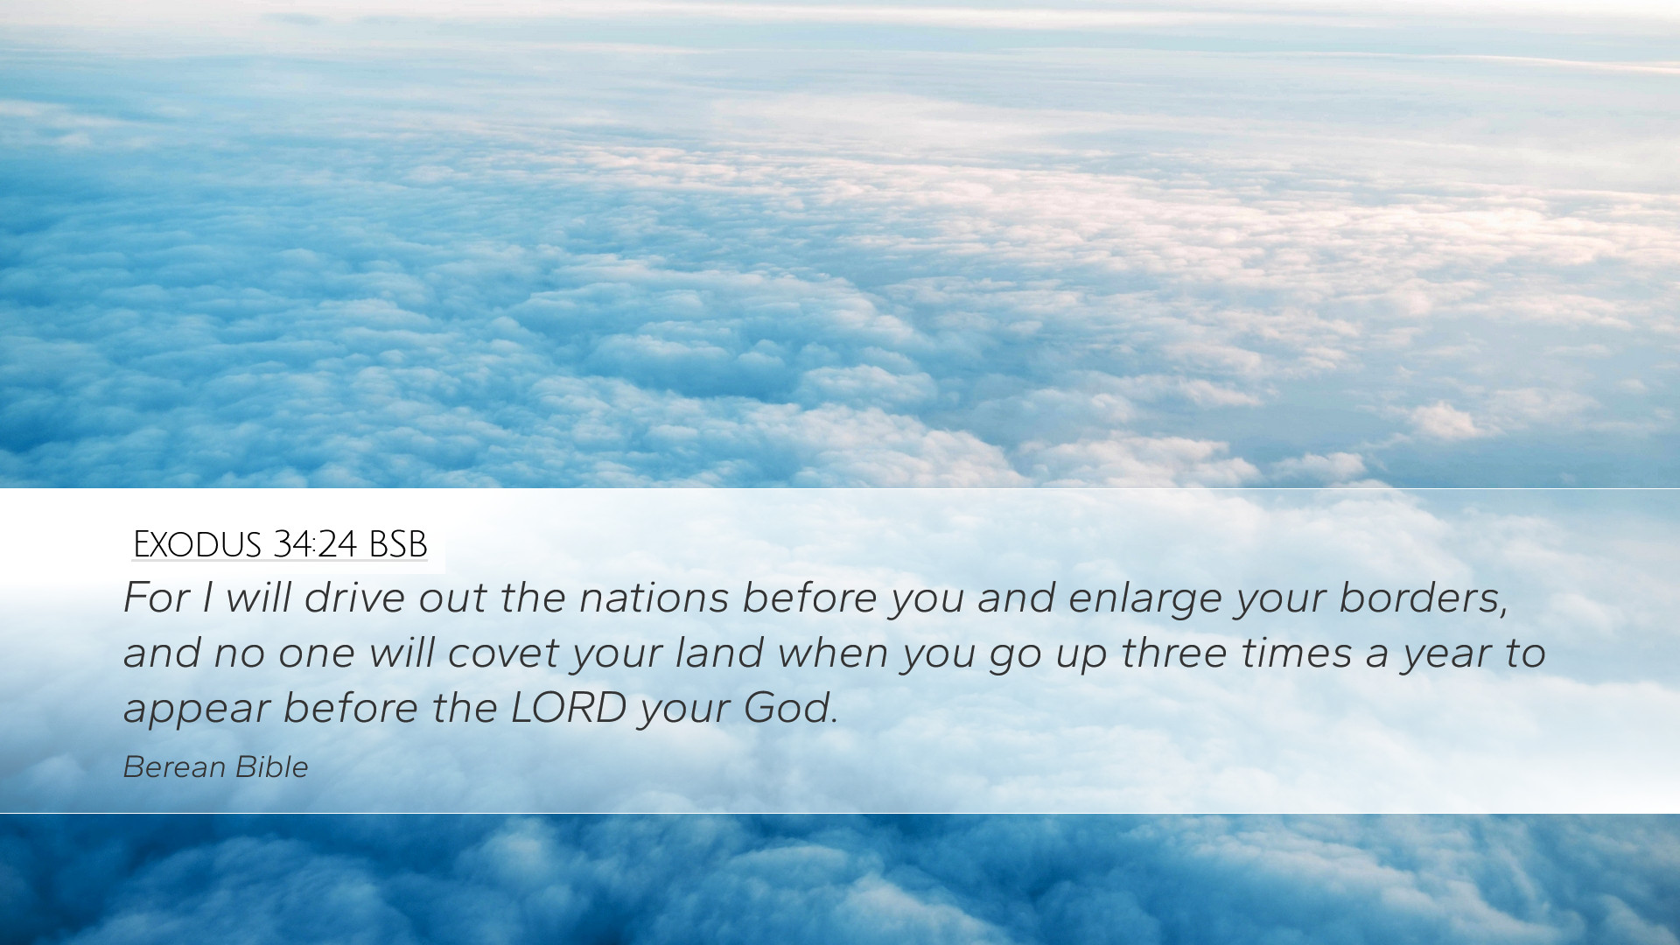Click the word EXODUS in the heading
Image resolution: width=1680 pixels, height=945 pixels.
pos(198,544)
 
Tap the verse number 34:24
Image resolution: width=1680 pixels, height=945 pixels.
pos(315,544)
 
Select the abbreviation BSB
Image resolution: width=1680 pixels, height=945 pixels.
pos(398,544)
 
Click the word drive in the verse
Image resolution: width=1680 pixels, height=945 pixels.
pos(355,598)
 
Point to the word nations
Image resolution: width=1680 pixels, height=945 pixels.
pos(654,598)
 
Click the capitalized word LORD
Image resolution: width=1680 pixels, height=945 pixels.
pos(569,708)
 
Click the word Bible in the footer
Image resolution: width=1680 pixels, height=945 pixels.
pos(272,766)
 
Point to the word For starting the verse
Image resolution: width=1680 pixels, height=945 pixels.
pos(157,598)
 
